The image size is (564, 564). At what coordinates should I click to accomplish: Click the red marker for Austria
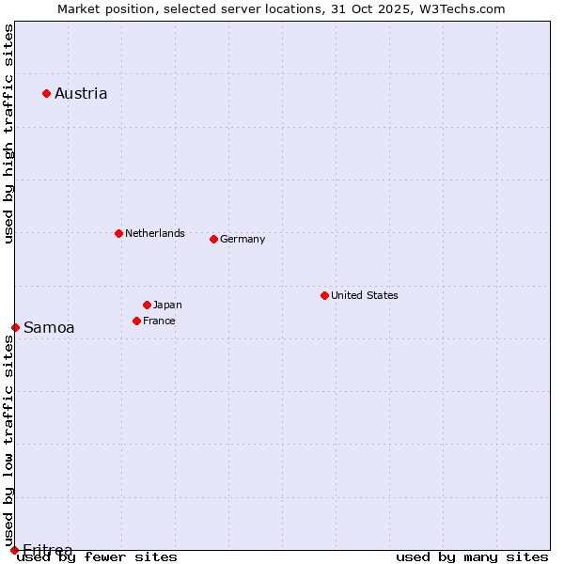click(x=46, y=93)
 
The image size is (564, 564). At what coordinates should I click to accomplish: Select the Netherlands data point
click(x=118, y=233)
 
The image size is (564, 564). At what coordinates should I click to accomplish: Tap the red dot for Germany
click(x=213, y=239)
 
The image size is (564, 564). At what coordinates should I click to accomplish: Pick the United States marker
click(x=324, y=295)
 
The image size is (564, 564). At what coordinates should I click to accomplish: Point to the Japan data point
click(x=147, y=305)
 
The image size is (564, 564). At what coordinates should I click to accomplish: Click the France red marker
click(x=136, y=321)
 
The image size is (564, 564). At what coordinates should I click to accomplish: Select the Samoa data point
click(x=15, y=327)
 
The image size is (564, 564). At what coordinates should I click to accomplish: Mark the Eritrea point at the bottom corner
click(x=14, y=550)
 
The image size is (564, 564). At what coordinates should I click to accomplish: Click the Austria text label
click(x=81, y=93)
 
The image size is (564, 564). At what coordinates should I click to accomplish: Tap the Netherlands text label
click(x=155, y=233)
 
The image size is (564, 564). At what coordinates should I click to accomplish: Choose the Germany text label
click(x=243, y=239)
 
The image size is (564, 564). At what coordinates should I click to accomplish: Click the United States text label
click(x=365, y=295)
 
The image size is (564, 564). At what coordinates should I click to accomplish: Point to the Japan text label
click(x=167, y=305)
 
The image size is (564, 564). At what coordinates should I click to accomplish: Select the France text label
click(x=159, y=321)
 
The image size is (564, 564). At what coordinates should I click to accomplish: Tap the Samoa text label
click(x=49, y=327)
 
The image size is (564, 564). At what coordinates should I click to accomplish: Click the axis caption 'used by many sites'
click(x=472, y=557)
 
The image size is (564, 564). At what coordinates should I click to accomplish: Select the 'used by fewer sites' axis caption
click(x=97, y=557)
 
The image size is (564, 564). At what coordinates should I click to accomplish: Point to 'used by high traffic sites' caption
click(x=8, y=133)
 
